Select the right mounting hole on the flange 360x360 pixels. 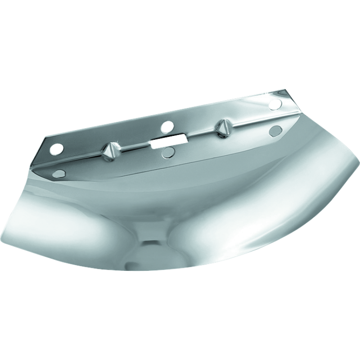(x=274, y=104)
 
